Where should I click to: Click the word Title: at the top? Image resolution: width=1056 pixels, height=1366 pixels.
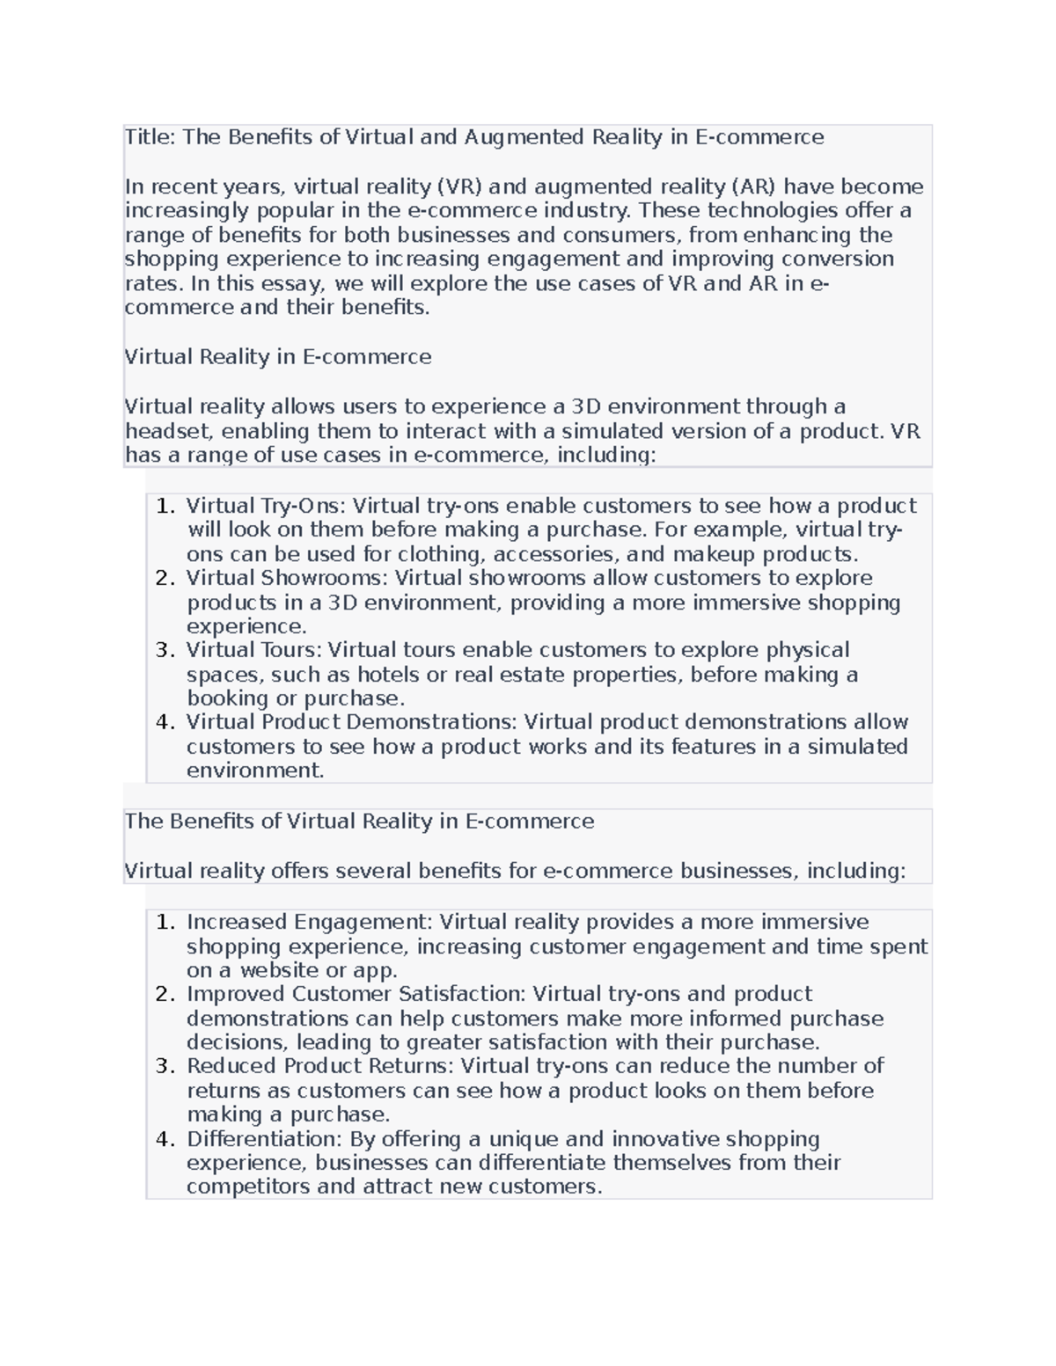coord(150,137)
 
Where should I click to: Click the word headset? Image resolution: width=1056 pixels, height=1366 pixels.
coord(169,431)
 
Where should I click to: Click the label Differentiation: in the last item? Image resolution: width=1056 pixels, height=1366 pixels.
coord(264,1139)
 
